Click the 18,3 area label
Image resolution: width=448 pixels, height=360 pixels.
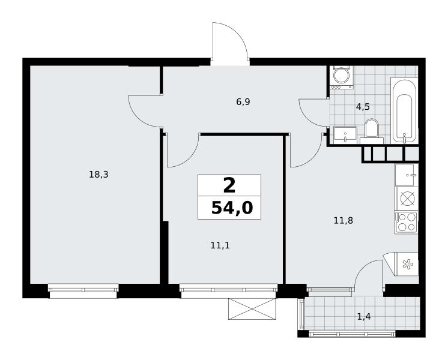tap(98, 175)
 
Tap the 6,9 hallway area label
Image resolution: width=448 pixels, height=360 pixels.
tap(243, 101)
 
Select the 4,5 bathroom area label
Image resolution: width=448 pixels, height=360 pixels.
tap(363, 107)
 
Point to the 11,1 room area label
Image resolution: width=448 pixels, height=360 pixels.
tap(220, 245)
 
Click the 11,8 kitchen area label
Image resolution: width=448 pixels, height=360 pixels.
tap(344, 220)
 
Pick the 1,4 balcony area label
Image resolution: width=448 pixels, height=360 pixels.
tap(364, 316)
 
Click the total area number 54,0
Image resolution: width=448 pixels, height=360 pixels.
tap(232, 208)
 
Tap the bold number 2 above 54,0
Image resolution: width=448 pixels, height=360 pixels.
tap(229, 185)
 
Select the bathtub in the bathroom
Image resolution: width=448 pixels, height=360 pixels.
tap(404, 110)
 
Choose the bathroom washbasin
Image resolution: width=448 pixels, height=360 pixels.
tap(345, 135)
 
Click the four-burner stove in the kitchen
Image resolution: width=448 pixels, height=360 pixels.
tap(406, 222)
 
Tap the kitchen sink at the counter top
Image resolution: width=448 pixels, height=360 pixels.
tap(407, 175)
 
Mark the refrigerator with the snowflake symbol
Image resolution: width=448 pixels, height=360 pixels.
tap(406, 265)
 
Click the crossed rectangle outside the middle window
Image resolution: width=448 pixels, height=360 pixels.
tap(252, 309)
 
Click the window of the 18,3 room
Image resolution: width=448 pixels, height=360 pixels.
tap(83, 290)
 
